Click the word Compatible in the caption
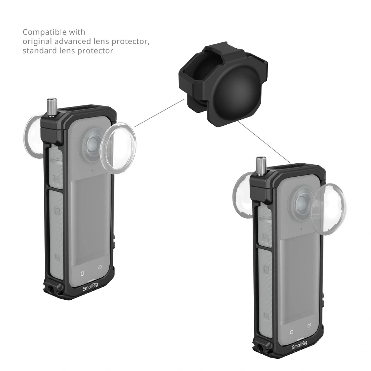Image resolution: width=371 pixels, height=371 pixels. [x=54, y=32]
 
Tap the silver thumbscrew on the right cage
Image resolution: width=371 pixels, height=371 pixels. [x=260, y=166]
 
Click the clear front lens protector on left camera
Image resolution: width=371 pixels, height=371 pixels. [x=118, y=146]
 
